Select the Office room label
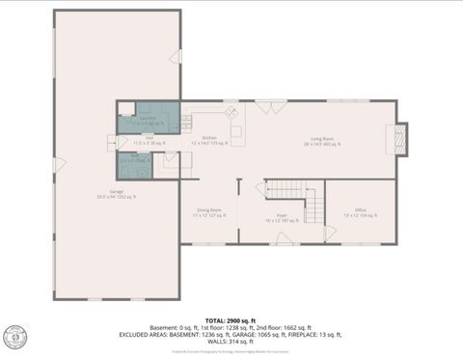360,210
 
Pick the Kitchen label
209,140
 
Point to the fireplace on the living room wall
402,139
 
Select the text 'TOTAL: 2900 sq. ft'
231,319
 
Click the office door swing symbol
331,233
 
